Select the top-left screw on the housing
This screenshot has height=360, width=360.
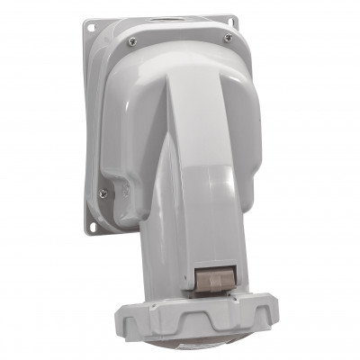(x=132, y=41)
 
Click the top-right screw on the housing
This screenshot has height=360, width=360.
(x=227, y=38)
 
